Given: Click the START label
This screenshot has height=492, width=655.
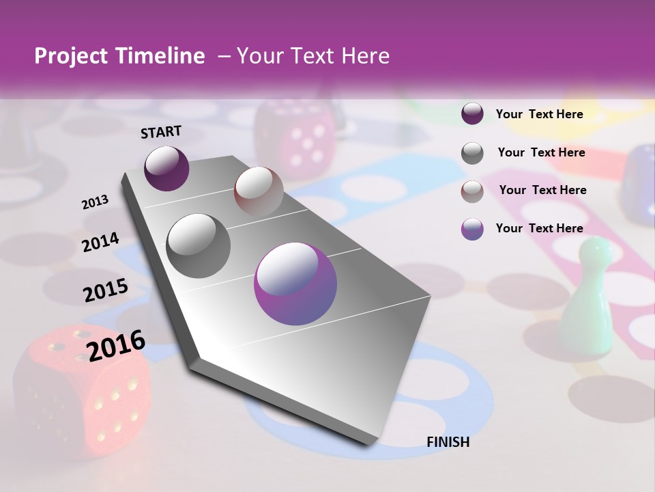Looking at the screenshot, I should point(161,132).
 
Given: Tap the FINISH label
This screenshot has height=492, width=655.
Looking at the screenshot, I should point(448,442).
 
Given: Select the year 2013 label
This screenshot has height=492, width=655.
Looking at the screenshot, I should point(95,202).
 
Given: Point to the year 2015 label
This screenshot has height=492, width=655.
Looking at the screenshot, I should point(106,290).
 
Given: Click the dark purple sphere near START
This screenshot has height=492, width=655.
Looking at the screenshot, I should point(166,168).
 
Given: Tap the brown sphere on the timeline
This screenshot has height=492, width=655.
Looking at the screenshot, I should point(259,191).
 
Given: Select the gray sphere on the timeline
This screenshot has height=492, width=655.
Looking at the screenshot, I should point(199,246).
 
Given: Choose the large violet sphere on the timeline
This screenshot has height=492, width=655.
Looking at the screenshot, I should point(295,284).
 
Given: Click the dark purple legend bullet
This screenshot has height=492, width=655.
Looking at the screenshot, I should point(472,114).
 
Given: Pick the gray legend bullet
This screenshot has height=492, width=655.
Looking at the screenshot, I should point(472,153).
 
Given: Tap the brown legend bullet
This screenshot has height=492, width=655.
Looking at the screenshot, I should point(472,191).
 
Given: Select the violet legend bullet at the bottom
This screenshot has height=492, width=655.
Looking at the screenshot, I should point(472,229).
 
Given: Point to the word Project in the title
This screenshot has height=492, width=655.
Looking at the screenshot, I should point(71,56).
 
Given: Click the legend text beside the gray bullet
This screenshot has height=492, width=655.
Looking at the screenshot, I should point(541,152).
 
